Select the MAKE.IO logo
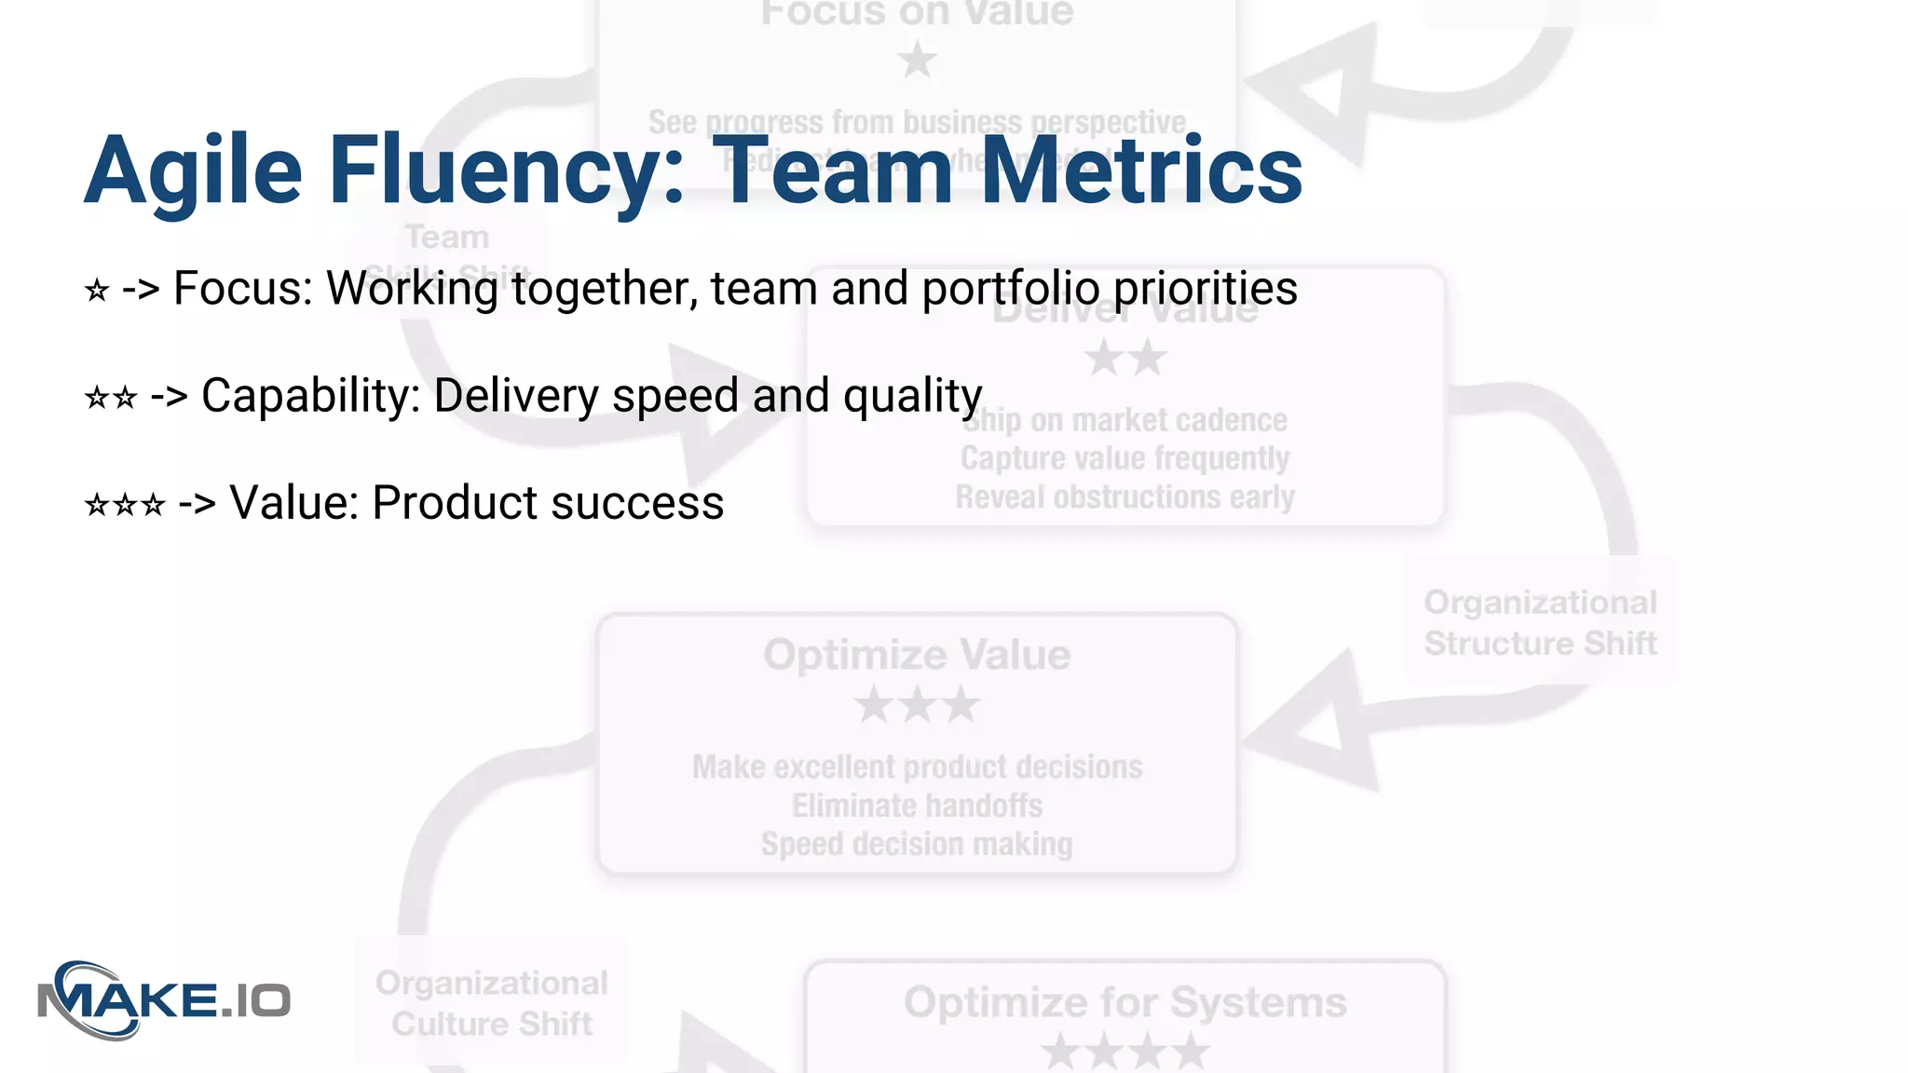coord(164,1000)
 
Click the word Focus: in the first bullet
coord(243,289)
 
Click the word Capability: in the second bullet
coord(307,396)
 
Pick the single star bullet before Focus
coord(97,291)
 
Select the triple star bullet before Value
coord(125,505)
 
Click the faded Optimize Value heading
coord(917,655)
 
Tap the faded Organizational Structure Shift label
coord(1540,622)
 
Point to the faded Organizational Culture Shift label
coord(492,1003)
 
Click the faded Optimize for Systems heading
coord(1124,1003)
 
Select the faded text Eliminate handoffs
coord(917,806)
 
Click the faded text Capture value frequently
coord(1124,458)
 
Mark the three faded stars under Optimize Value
coord(917,705)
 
